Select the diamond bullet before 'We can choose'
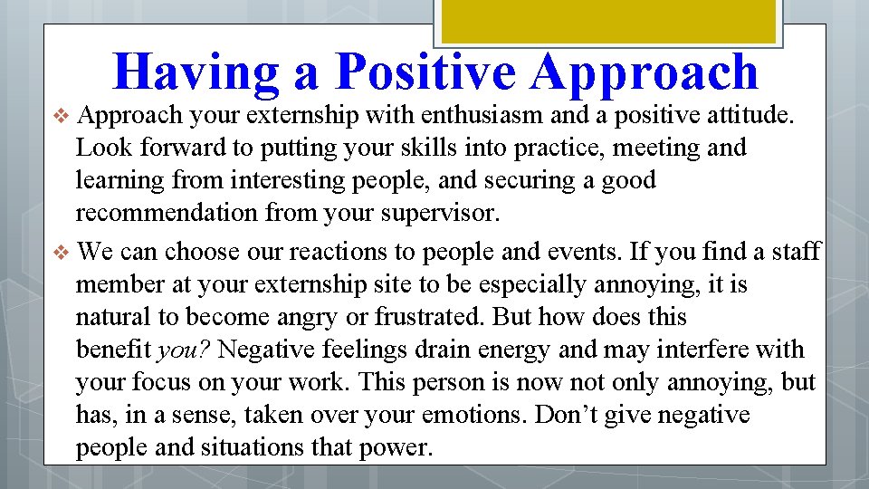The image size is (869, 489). click(x=62, y=251)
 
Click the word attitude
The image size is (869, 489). click(x=745, y=115)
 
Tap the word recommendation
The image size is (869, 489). click(x=167, y=214)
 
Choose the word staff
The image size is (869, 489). click(x=796, y=251)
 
